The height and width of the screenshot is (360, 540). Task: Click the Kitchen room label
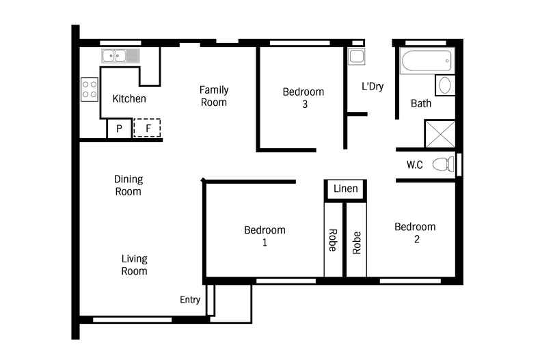point(129,98)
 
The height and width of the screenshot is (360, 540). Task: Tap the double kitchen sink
point(120,56)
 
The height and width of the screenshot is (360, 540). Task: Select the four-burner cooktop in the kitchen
point(90,89)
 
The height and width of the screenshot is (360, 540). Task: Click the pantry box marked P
point(118,128)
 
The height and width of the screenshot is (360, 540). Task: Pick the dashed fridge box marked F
point(146,128)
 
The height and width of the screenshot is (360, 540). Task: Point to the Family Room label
point(213,96)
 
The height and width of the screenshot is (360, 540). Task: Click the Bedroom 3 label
point(303,98)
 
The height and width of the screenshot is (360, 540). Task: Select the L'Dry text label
point(373,86)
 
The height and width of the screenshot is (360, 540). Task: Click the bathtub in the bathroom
point(427,61)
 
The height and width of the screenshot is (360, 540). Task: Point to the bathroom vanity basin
point(444,85)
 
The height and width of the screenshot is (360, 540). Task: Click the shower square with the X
point(440,133)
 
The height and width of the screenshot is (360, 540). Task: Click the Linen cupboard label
point(345,189)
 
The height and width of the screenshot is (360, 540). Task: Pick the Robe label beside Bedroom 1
point(333,240)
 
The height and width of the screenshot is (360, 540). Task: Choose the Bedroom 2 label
point(415,233)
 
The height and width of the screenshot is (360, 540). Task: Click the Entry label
point(190,300)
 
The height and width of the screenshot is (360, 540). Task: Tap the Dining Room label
point(128,185)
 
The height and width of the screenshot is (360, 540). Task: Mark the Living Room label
point(134,265)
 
